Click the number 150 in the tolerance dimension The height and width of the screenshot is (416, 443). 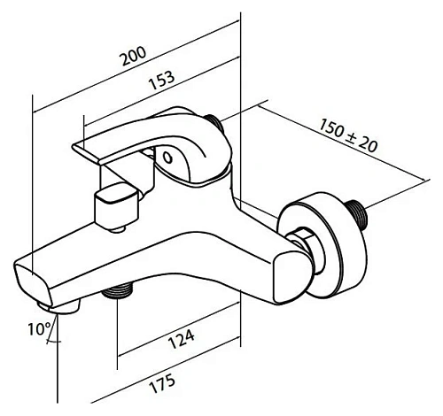tap(330, 128)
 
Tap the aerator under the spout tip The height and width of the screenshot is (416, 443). tap(66, 306)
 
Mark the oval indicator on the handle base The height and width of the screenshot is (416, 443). tap(169, 160)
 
